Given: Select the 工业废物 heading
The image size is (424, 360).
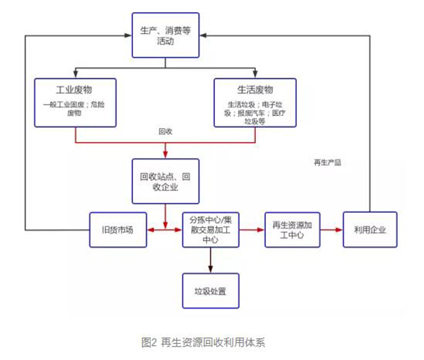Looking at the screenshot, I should (75, 91).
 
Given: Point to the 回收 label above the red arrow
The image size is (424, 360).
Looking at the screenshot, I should (165, 132).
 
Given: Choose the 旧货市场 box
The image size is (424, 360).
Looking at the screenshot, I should (118, 230).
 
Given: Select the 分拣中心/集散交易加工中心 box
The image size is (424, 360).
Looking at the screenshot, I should (210, 230).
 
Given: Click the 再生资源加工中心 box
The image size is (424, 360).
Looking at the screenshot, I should (292, 230).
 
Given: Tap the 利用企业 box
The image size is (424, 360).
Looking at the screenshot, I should (370, 230).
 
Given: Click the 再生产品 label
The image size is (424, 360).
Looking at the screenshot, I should (327, 162).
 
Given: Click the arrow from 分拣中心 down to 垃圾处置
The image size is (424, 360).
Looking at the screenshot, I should (210, 260).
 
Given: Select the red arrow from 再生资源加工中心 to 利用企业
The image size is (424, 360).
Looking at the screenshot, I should (331, 230).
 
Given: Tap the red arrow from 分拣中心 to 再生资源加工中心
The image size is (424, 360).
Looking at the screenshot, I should (252, 230).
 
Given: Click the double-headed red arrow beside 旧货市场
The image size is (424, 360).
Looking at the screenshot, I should (164, 230).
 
